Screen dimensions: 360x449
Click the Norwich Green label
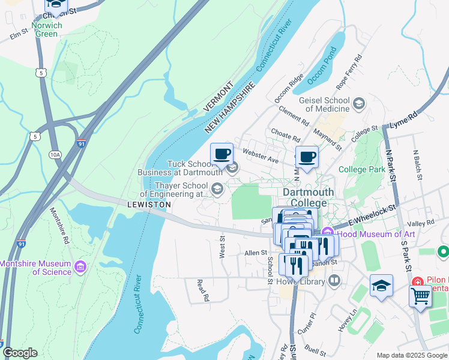pyautogui.click(x=46, y=30)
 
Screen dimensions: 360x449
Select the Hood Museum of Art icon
pyautogui.click(x=327, y=233)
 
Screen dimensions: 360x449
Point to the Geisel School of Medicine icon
pyautogui.click(x=359, y=104)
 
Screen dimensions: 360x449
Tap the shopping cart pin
pyautogui.click(x=420, y=296)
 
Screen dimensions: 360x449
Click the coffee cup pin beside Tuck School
pyautogui.click(x=221, y=154)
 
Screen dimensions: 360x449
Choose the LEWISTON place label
pyautogui.click(x=149, y=205)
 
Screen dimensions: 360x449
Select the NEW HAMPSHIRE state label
pyautogui.click(x=230, y=108)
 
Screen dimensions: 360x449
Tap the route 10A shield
pyautogui.click(x=55, y=155)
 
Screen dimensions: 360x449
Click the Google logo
pyautogui.click(x=20, y=353)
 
